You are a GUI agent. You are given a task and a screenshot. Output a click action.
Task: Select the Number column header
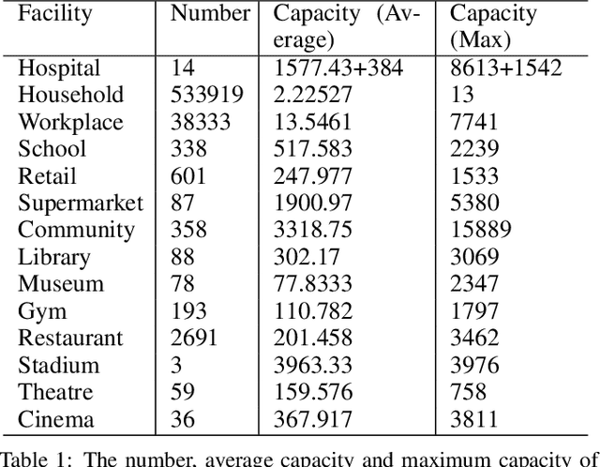click(x=210, y=14)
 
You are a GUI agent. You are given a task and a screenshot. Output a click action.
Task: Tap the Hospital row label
click(x=59, y=68)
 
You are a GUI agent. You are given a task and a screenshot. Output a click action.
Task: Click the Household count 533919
click(x=207, y=96)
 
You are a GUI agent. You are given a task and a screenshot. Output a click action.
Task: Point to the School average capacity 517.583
click(x=312, y=150)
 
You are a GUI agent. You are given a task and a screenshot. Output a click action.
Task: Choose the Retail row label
click(x=47, y=177)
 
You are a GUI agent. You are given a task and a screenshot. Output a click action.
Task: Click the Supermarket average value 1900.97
click(x=312, y=203)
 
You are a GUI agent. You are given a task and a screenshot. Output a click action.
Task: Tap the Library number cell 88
click(x=184, y=258)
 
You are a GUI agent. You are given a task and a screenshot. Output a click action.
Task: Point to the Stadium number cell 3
click(x=177, y=366)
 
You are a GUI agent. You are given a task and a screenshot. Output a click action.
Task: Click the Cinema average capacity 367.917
click(x=312, y=420)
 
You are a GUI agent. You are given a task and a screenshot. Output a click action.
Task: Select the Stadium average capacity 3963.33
click(x=312, y=366)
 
